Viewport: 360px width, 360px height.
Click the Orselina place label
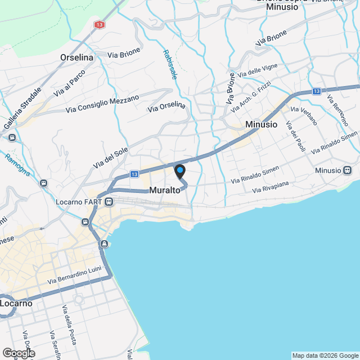78,57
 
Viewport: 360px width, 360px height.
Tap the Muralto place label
165,191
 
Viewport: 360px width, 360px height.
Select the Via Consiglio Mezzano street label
102,104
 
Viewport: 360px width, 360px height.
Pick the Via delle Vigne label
258,71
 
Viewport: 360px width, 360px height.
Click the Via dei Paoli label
295,136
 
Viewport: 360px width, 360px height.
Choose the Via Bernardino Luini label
74,276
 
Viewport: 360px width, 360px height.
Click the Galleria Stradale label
23,109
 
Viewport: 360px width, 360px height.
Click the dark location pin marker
180,171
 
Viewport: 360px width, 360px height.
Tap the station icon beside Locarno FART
109,201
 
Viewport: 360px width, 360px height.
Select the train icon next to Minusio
347,170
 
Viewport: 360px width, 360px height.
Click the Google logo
18,353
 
